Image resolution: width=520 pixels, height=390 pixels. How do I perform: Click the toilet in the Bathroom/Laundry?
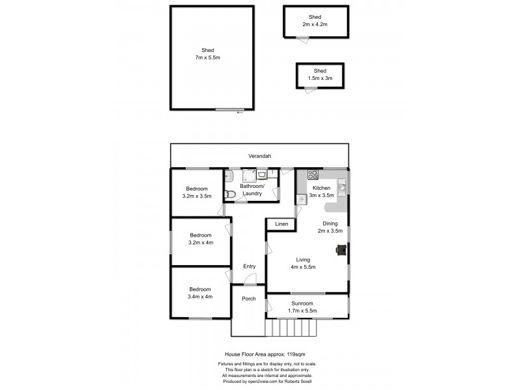pos(229,193)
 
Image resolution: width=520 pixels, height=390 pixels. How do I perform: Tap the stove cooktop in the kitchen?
pos(312,174)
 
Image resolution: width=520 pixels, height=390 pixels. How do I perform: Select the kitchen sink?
pos(342,188)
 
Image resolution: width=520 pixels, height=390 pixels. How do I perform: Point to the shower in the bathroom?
pos(250,174)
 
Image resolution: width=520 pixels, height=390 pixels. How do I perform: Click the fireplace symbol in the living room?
pos(341,248)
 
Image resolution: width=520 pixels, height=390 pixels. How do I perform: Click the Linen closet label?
pos(281,224)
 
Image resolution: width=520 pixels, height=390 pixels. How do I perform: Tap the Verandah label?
pos(259,156)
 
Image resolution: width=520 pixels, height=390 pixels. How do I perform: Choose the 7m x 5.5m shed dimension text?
pos(208,58)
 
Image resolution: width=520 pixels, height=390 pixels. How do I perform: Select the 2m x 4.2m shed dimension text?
pos(315,24)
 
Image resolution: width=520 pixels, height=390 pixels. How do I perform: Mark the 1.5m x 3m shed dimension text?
pos(320,78)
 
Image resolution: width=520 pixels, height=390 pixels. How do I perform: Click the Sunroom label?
pos(302,304)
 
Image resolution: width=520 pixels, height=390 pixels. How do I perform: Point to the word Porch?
pos(248,299)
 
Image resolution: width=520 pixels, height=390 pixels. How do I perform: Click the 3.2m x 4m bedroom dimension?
pos(201,242)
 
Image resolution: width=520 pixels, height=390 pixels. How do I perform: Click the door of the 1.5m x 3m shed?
pos(312,89)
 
